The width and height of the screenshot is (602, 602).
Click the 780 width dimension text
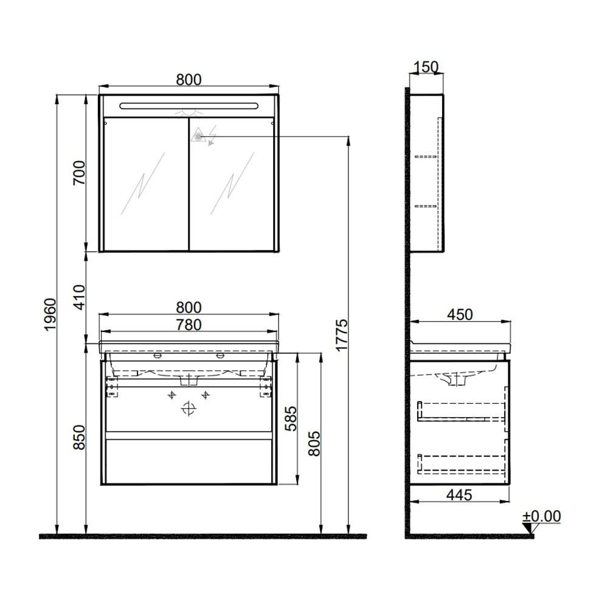[189, 325]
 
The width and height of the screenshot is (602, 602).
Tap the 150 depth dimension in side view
[426, 67]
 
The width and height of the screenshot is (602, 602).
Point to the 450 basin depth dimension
[460, 314]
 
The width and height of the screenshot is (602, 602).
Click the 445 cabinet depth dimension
[459, 495]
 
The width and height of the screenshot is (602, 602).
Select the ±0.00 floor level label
[542, 517]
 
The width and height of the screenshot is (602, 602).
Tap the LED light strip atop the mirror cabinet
[189, 106]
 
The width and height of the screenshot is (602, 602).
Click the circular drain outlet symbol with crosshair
[190, 409]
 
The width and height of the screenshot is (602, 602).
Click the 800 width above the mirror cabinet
[189, 80]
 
